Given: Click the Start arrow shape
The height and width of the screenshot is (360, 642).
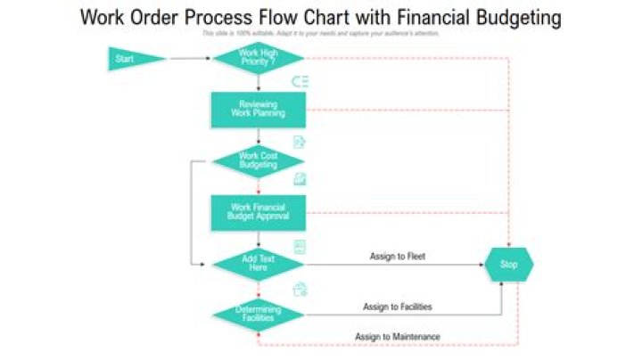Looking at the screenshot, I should [x=135, y=60].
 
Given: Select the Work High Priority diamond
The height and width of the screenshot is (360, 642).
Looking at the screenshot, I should [x=259, y=59].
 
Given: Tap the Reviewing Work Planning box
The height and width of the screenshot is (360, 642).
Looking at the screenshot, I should [x=259, y=109].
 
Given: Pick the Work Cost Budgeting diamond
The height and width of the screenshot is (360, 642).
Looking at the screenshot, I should [x=259, y=160].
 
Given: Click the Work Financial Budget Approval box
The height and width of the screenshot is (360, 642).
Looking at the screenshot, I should [x=259, y=212].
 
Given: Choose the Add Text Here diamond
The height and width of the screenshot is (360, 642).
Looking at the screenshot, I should [x=259, y=264].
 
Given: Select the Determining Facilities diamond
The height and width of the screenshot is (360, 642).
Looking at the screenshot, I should [x=259, y=314].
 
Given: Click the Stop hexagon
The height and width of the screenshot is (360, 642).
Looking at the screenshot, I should [x=509, y=265].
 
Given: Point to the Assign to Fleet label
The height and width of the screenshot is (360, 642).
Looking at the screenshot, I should [x=398, y=257].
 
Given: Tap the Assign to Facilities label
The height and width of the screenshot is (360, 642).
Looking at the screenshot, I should [x=398, y=307].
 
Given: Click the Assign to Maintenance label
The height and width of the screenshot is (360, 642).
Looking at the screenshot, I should [x=398, y=337].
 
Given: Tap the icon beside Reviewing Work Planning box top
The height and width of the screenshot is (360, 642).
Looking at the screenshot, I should [x=300, y=81].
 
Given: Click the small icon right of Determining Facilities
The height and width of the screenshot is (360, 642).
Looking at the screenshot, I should [x=300, y=289].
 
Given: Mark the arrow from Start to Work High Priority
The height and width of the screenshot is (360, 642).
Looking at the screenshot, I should [x=190, y=59].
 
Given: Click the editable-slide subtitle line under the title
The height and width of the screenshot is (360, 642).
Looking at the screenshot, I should [x=321, y=33].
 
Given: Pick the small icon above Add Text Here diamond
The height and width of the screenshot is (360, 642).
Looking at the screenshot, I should [x=300, y=246].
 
